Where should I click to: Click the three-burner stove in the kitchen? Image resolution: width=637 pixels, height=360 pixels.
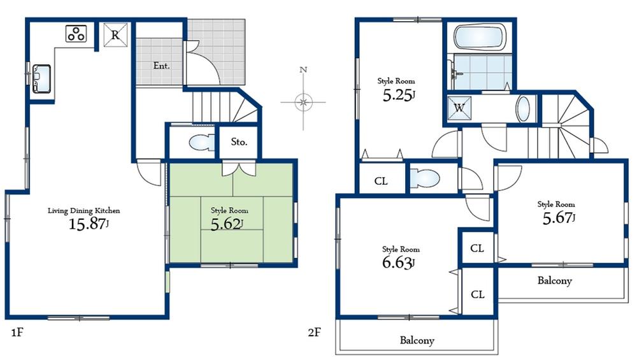76,33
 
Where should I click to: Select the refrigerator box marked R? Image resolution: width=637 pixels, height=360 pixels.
115,35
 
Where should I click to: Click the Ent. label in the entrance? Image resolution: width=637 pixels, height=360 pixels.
161,65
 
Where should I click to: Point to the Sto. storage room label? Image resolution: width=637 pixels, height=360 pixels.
239,142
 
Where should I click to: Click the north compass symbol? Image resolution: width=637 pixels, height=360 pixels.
304,101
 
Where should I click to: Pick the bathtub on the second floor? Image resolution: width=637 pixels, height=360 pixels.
480,38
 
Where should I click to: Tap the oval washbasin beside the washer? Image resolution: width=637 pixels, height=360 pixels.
522,109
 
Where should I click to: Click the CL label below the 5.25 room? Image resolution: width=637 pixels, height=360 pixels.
381,181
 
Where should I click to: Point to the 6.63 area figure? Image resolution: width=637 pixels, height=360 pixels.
397,262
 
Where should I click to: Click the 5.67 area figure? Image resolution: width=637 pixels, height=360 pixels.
557,217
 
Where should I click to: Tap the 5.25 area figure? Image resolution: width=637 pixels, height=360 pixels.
397,96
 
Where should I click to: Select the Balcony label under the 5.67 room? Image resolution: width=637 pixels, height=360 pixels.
554,280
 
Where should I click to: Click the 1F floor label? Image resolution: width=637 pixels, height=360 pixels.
17,333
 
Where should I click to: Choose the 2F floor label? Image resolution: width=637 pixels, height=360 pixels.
315,333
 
